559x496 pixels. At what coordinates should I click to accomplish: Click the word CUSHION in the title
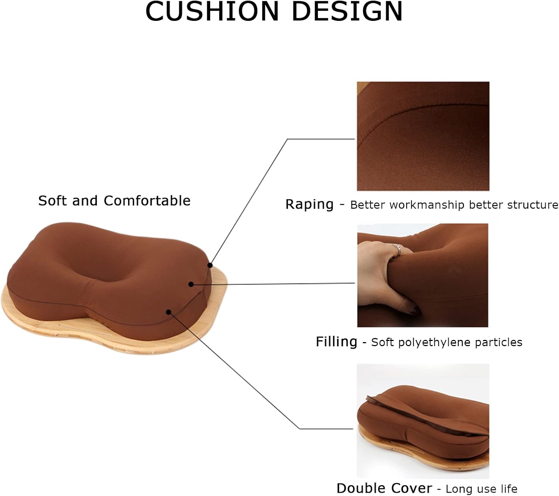(212, 12)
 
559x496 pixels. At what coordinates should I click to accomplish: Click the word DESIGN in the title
(347, 12)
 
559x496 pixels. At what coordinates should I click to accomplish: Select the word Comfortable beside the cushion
(147, 200)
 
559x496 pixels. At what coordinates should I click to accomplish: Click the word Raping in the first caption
(309, 205)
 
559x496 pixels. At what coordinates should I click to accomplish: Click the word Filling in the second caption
(337, 342)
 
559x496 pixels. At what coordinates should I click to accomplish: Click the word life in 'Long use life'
(509, 489)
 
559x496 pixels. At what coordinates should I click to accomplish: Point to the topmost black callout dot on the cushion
(210, 265)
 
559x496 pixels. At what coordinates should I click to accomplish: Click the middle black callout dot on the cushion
(191, 284)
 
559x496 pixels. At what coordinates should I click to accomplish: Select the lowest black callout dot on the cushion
(168, 312)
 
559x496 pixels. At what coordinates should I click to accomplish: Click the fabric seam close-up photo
(423, 136)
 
